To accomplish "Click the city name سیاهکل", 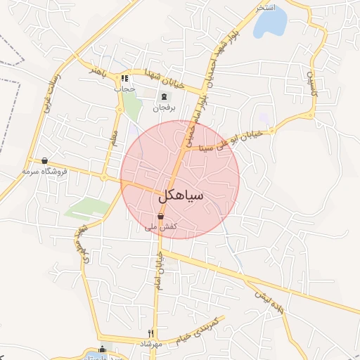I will (181, 195).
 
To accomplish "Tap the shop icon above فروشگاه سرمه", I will (45, 160).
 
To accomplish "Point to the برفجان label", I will (164, 108).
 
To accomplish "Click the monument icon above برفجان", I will (165, 97).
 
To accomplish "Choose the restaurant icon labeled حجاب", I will (124, 79).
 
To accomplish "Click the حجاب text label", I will (124, 89).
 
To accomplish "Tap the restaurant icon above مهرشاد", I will (150, 333).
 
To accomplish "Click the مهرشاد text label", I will (150, 344).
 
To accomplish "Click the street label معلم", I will (112, 136).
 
